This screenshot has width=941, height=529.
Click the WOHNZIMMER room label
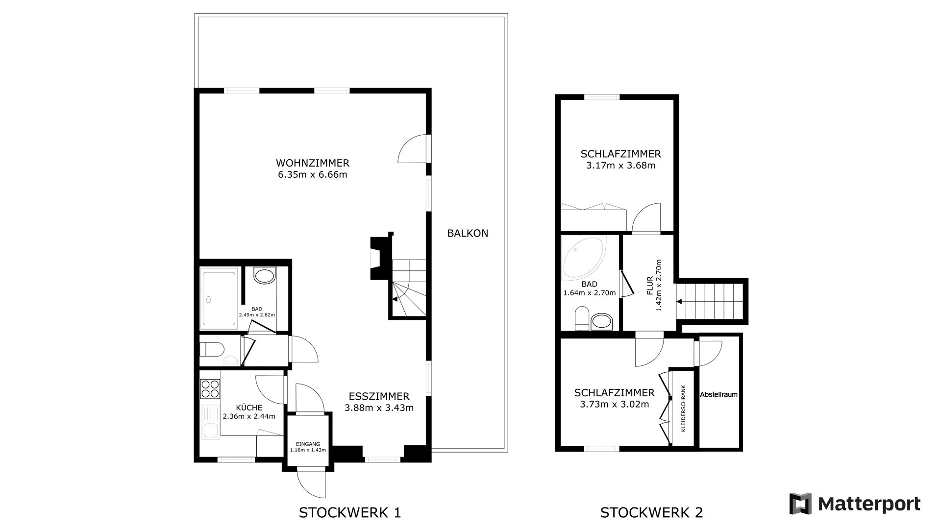click(313, 163)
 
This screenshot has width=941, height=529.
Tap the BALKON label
click(468, 233)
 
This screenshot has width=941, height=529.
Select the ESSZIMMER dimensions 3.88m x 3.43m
click(379, 408)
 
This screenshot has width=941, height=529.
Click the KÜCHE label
click(249, 408)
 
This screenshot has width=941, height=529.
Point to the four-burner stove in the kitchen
click(210, 388)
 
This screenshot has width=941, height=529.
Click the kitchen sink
click(211, 423)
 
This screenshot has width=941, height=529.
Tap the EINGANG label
click(308, 444)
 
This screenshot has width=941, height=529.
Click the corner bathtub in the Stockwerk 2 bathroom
click(583, 257)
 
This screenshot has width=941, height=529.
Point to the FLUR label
click(650, 286)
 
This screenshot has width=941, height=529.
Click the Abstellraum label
click(718, 394)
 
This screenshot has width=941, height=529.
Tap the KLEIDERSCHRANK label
click(683, 408)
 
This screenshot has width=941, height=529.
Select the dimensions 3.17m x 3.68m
click(620, 166)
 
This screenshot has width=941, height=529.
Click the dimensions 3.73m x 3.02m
click(614, 405)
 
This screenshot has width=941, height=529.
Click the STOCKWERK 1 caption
click(350, 513)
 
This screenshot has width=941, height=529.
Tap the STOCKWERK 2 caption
click(651, 513)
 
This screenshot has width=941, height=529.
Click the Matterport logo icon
click(800, 504)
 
